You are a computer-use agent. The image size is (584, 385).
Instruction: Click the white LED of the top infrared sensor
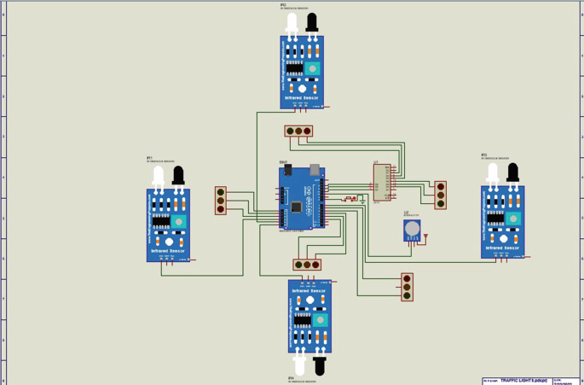pos(292,22)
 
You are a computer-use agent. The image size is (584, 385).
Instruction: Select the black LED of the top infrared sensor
pos(312,22)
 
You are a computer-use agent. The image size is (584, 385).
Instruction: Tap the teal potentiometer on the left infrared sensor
pos(178,222)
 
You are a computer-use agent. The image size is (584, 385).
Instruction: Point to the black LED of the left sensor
pos(178,176)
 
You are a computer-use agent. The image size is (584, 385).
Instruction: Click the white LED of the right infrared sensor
pos(492,173)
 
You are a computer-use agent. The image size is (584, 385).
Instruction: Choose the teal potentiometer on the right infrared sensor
pos(512,219)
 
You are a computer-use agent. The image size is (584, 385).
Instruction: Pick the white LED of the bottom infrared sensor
pos(299,365)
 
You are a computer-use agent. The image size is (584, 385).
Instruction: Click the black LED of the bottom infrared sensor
pos(320,365)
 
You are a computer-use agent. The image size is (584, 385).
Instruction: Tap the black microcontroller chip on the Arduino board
pos(296,207)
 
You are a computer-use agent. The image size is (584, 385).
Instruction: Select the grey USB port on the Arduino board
pos(315,170)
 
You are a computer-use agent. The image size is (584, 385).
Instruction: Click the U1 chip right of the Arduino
pos(382,182)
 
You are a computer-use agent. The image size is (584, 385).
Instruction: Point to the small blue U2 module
pos(412,230)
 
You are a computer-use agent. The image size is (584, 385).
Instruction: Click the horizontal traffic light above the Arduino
pos(298,131)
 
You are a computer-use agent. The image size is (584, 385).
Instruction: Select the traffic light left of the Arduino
pos(220,201)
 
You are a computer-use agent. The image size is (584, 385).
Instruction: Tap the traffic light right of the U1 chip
pos(440,195)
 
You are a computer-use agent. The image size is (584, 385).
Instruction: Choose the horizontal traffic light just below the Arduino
pos(307,265)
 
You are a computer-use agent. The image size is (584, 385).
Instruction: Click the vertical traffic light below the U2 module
pos(407,287)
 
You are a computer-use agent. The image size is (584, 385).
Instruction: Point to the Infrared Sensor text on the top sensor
pos(302,98)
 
